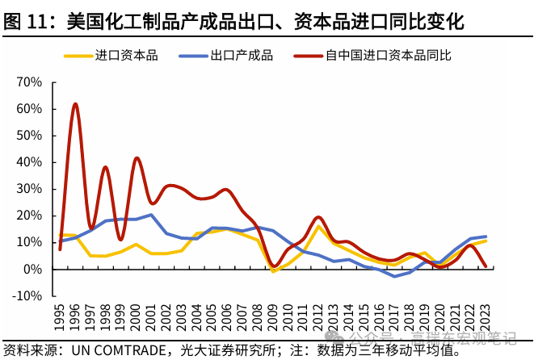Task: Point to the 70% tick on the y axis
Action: point(29,82)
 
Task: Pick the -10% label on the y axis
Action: point(27,295)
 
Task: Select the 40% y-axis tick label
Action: point(29,162)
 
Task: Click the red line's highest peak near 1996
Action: point(75,104)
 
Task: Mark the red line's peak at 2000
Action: point(137,158)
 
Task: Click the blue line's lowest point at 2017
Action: point(395,276)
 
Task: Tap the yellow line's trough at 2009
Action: point(273,271)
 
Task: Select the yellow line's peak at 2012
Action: point(319,227)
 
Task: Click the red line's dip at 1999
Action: point(121,240)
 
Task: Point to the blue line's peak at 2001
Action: point(152,215)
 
